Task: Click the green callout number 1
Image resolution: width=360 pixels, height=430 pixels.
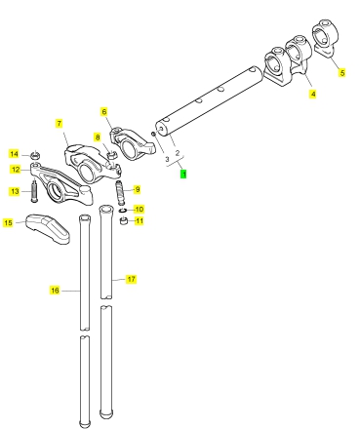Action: pyautogui.click(x=183, y=175)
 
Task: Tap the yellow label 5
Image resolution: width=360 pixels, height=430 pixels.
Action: pyautogui.click(x=341, y=72)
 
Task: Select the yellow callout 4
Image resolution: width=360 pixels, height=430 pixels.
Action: pyautogui.click(x=312, y=94)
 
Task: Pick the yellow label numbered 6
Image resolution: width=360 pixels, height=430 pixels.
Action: pyautogui.click(x=103, y=112)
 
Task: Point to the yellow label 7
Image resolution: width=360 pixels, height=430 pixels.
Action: pyautogui.click(x=59, y=124)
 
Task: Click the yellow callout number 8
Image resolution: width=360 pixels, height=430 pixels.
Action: pyautogui.click(x=98, y=137)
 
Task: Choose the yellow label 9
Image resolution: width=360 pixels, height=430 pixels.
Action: pyautogui.click(x=138, y=189)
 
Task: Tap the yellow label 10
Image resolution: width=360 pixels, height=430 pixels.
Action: pyautogui.click(x=139, y=209)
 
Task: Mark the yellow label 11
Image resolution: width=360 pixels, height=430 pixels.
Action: pyautogui.click(x=140, y=221)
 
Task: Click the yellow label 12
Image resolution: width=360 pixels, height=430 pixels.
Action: pyautogui.click(x=16, y=170)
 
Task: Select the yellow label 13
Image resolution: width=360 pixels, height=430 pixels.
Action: pyautogui.click(x=15, y=191)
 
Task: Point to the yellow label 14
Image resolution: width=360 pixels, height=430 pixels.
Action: pyautogui.click(x=14, y=154)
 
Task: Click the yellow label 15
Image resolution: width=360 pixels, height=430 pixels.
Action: pyautogui.click(x=8, y=222)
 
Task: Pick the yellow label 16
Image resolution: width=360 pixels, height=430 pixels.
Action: pyautogui.click(x=55, y=290)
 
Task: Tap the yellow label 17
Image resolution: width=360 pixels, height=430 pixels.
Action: pyautogui.click(x=131, y=279)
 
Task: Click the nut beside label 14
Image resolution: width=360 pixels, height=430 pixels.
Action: pyautogui.click(x=35, y=154)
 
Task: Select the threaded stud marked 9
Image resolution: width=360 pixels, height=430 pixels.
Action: pyautogui.click(x=121, y=193)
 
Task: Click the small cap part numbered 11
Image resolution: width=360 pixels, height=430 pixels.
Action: pyautogui.click(x=124, y=221)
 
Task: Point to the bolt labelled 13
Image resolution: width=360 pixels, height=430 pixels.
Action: pyautogui.click(x=34, y=191)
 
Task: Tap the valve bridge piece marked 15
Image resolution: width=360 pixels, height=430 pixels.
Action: pyautogui.click(x=48, y=228)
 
